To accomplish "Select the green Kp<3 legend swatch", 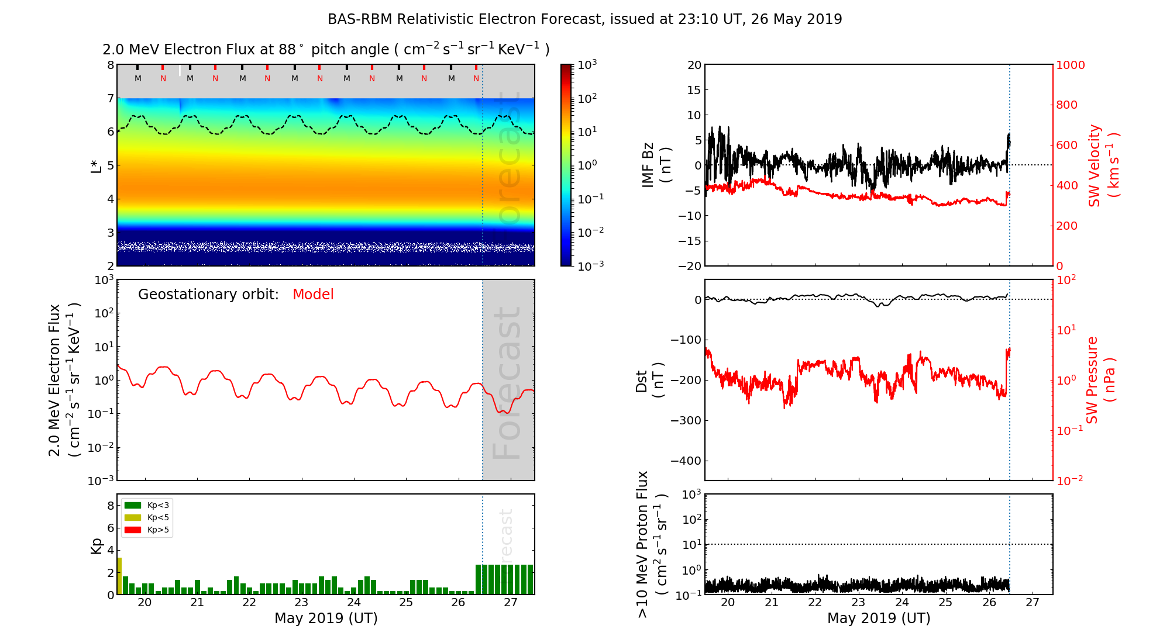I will [x=133, y=505].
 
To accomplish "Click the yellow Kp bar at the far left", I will [x=119, y=576].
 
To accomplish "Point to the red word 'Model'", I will [x=313, y=295].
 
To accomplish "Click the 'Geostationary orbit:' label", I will [x=208, y=295].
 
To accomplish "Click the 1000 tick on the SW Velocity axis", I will [x=1070, y=65].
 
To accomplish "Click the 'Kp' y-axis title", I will [x=97, y=545].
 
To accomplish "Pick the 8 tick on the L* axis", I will [x=110, y=65].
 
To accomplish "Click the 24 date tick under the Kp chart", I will [x=353, y=603].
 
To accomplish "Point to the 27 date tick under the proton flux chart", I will [x=1033, y=603].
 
